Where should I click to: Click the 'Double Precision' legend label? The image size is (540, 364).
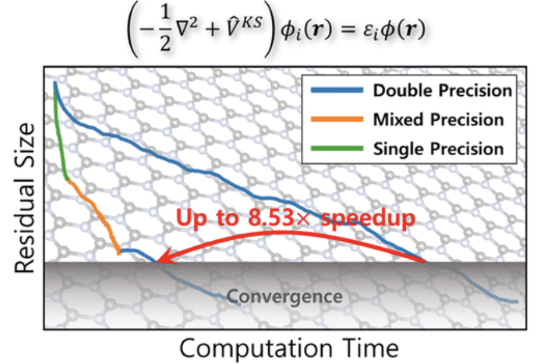(442, 91)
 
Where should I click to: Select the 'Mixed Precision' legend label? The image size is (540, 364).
(438, 120)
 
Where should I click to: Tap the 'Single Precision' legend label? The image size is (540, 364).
(438, 148)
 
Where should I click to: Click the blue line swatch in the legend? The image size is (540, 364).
(335, 91)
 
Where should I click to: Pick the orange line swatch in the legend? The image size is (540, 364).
(335, 120)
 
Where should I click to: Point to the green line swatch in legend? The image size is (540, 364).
(335, 148)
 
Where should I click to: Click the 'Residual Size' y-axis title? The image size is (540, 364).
(24, 199)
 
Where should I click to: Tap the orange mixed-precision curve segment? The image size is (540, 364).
(95, 211)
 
